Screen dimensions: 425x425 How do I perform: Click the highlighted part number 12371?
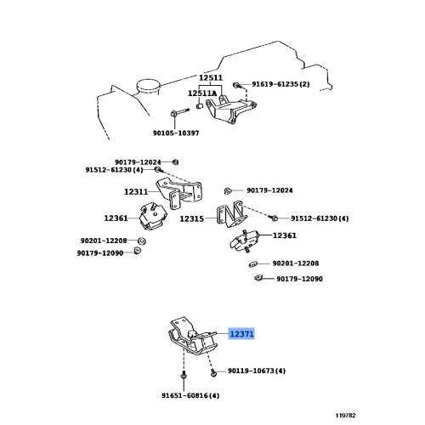point(241,334)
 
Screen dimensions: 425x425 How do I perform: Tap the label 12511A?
point(202,93)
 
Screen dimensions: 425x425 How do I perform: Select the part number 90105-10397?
point(176,133)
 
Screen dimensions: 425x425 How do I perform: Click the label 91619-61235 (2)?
point(280,84)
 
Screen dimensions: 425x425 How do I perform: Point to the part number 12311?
point(136,192)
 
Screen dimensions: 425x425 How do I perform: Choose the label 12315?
point(192,218)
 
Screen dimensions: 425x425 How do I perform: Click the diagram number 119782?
point(345,416)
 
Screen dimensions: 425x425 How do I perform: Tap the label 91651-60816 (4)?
point(190,395)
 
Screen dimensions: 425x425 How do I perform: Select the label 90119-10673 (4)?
point(257,371)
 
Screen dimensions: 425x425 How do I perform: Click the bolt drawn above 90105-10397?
point(179,112)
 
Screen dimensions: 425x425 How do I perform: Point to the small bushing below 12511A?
point(200,106)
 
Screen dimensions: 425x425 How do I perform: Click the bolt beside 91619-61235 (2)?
point(236,84)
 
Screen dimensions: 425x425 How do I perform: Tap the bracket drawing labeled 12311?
point(178,193)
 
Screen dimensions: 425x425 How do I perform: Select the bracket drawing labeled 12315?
point(231,215)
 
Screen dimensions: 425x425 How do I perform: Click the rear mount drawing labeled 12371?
point(192,338)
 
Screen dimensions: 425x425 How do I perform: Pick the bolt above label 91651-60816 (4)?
point(184,376)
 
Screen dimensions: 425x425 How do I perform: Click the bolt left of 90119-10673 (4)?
point(213,372)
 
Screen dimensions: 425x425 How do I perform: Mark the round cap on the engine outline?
point(148,86)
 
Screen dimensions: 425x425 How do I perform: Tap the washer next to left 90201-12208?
point(142,241)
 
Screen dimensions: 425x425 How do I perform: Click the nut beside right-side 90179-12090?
point(258,278)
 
